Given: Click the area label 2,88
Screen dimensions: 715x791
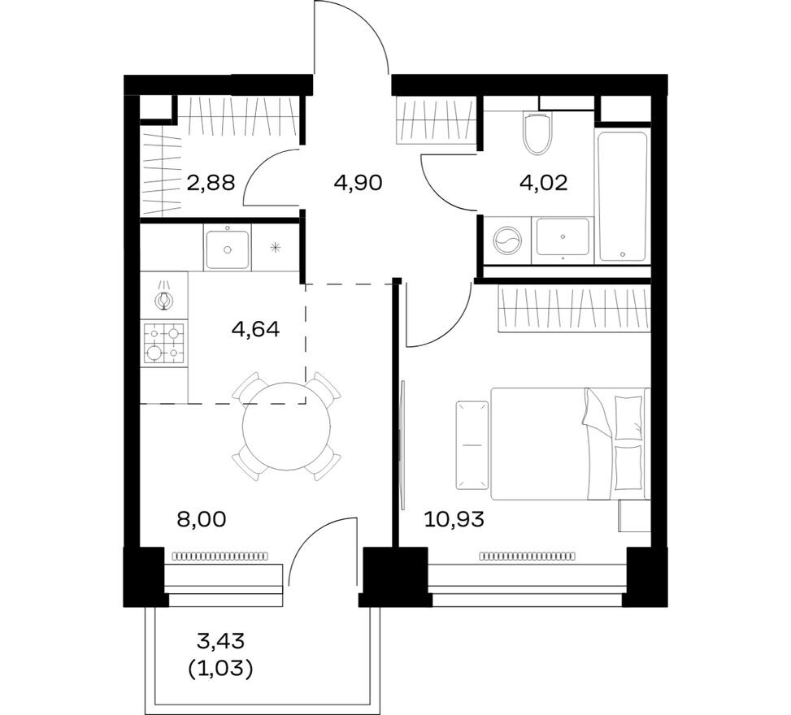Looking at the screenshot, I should click(211, 182).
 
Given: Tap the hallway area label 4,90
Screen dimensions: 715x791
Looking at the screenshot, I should click(358, 182).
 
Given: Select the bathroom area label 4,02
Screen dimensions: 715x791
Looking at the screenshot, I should click(543, 182).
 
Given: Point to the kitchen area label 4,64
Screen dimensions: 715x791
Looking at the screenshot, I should click(255, 329).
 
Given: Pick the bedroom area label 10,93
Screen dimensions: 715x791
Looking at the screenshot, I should click(454, 519).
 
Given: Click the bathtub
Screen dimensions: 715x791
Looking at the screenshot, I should click(622, 195).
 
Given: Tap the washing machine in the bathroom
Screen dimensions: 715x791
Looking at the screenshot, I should click(507, 241).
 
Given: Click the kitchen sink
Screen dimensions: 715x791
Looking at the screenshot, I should click(227, 248).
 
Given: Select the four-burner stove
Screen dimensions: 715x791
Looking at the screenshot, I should click(163, 343).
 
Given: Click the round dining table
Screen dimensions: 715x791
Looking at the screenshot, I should click(287, 426).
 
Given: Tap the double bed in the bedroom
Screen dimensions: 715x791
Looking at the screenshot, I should click(569, 443).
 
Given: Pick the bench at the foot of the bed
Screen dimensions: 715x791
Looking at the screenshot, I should click(470, 444).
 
